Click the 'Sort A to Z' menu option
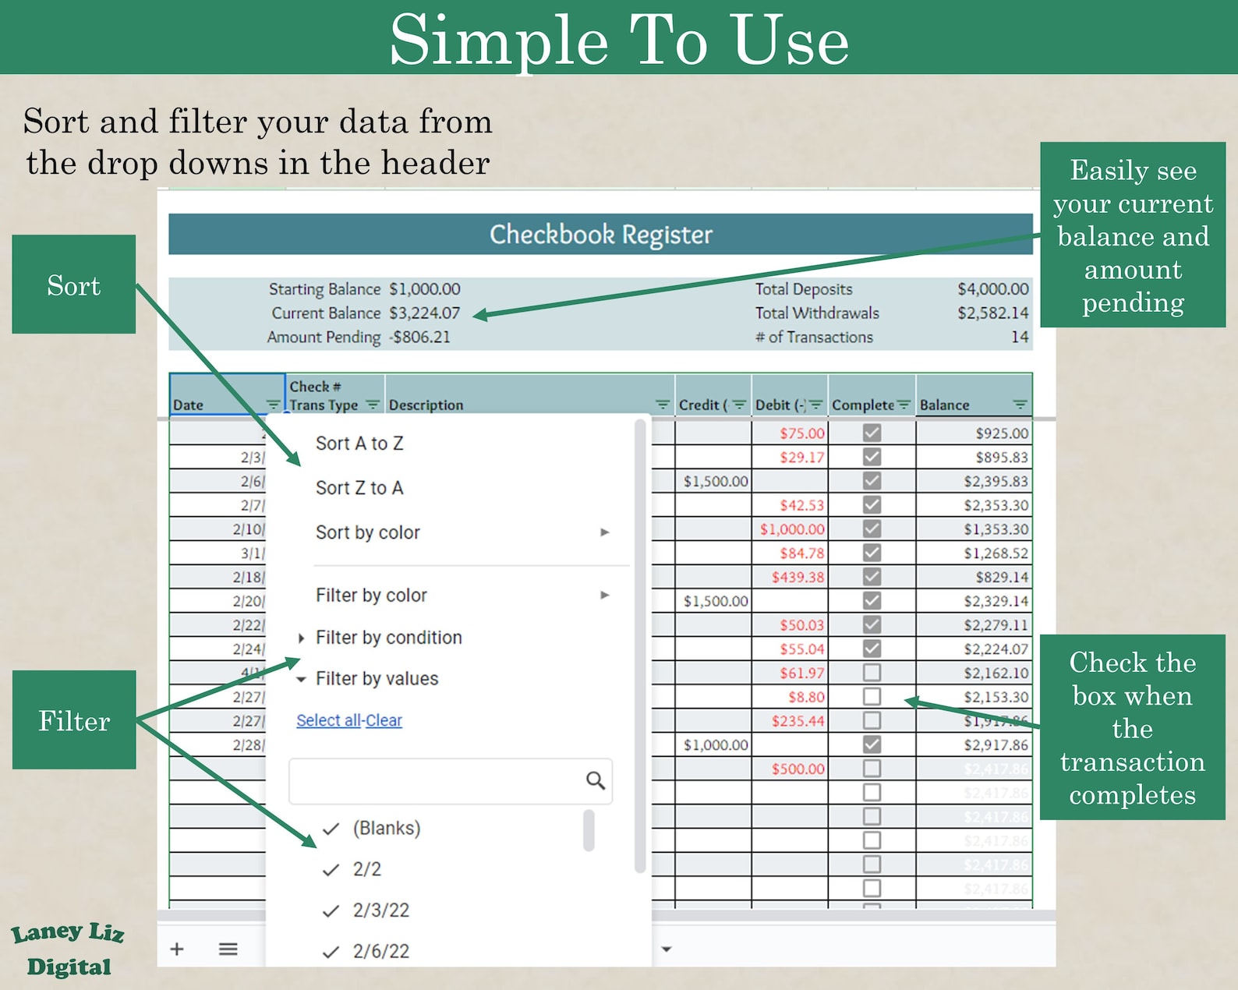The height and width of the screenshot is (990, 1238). pos(359,444)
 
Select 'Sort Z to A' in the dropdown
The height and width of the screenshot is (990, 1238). pos(359,488)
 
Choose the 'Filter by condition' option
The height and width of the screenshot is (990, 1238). pos(388,638)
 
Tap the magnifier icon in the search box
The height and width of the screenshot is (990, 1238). pos(595,780)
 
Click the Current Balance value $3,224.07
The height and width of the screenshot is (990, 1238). pos(425,313)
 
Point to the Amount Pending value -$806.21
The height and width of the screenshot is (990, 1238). pos(419,338)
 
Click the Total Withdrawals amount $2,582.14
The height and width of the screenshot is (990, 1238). pos(992,313)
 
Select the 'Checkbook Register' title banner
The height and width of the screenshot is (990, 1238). pos(600,235)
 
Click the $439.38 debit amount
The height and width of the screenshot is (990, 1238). pos(798,578)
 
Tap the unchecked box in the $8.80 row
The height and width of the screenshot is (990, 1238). pos(872,696)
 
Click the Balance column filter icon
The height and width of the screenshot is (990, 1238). pos(1019,405)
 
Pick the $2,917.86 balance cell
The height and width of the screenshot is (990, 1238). pos(996,745)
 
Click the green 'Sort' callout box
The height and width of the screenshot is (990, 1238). pos(74,285)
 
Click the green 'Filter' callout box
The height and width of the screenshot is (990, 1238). pos(74,720)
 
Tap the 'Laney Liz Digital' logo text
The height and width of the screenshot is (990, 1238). pos(69,949)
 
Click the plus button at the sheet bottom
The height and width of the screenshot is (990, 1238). pos(177,949)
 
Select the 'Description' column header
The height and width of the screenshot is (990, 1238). pos(426,405)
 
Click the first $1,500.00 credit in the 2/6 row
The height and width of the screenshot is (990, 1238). pos(715,482)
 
